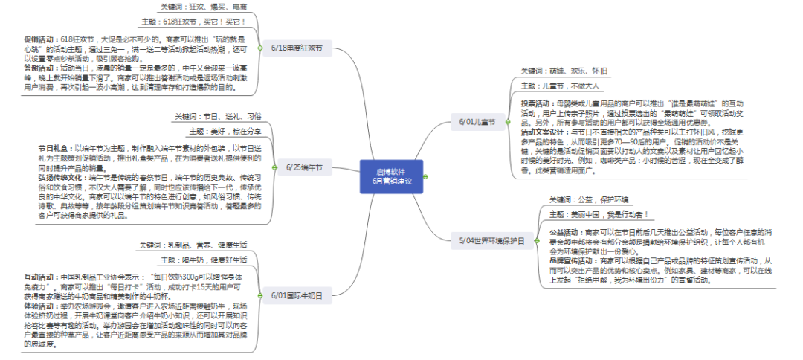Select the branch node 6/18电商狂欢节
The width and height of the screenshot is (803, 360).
(x=297, y=48)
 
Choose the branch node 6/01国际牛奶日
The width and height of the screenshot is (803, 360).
(x=297, y=295)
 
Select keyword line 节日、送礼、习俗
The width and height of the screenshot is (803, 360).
(x=219, y=117)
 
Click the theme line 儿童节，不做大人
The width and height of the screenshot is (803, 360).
(x=559, y=86)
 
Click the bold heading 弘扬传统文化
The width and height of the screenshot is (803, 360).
(x=62, y=179)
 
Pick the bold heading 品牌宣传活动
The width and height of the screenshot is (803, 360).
(x=573, y=261)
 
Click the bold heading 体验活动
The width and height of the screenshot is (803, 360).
(x=38, y=305)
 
